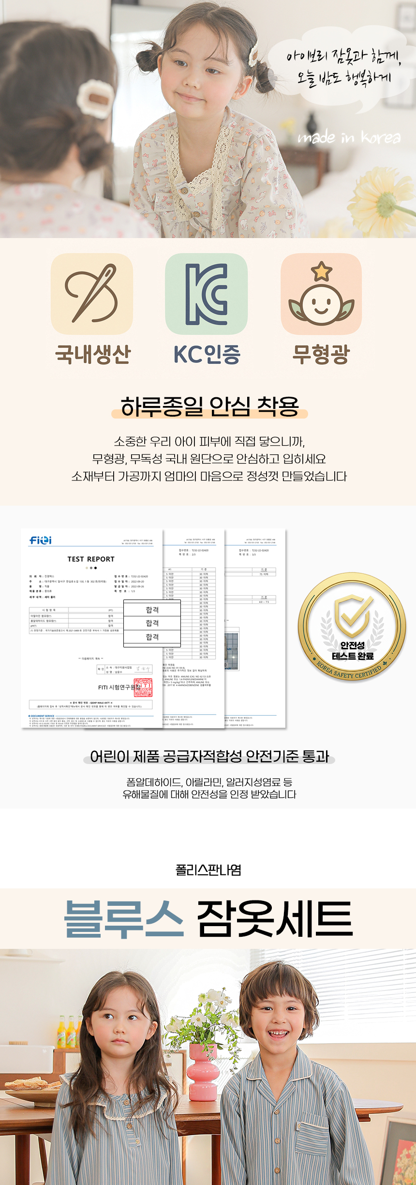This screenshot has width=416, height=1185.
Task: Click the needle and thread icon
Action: pyautogui.click(x=92, y=294)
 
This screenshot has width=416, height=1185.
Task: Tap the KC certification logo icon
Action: pyautogui.click(x=207, y=294)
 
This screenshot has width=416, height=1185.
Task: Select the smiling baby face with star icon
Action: pyautogui.click(x=321, y=294)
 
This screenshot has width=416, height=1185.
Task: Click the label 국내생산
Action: pyautogui.click(x=93, y=354)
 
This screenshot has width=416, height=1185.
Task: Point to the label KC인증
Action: pyautogui.click(x=207, y=354)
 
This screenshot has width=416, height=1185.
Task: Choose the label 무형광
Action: pyautogui.click(x=321, y=354)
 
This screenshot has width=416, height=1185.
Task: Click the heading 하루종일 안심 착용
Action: pyautogui.click(x=209, y=406)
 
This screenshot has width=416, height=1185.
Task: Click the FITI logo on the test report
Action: pyautogui.click(x=41, y=540)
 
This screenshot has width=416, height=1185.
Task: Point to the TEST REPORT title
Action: pyautogui.click(x=91, y=559)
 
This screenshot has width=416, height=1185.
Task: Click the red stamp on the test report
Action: pyautogui.click(x=143, y=687)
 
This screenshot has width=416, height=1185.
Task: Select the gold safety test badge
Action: pyautogui.click(x=352, y=627)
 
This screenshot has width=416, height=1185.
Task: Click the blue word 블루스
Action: pyautogui.click(x=124, y=918)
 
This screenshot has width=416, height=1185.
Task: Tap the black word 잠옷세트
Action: pyautogui.click(x=275, y=918)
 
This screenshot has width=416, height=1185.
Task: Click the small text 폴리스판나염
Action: pyautogui.click(x=208, y=870)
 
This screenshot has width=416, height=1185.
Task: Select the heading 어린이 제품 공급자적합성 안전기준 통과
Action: pyautogui.click(x=209, y=756)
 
